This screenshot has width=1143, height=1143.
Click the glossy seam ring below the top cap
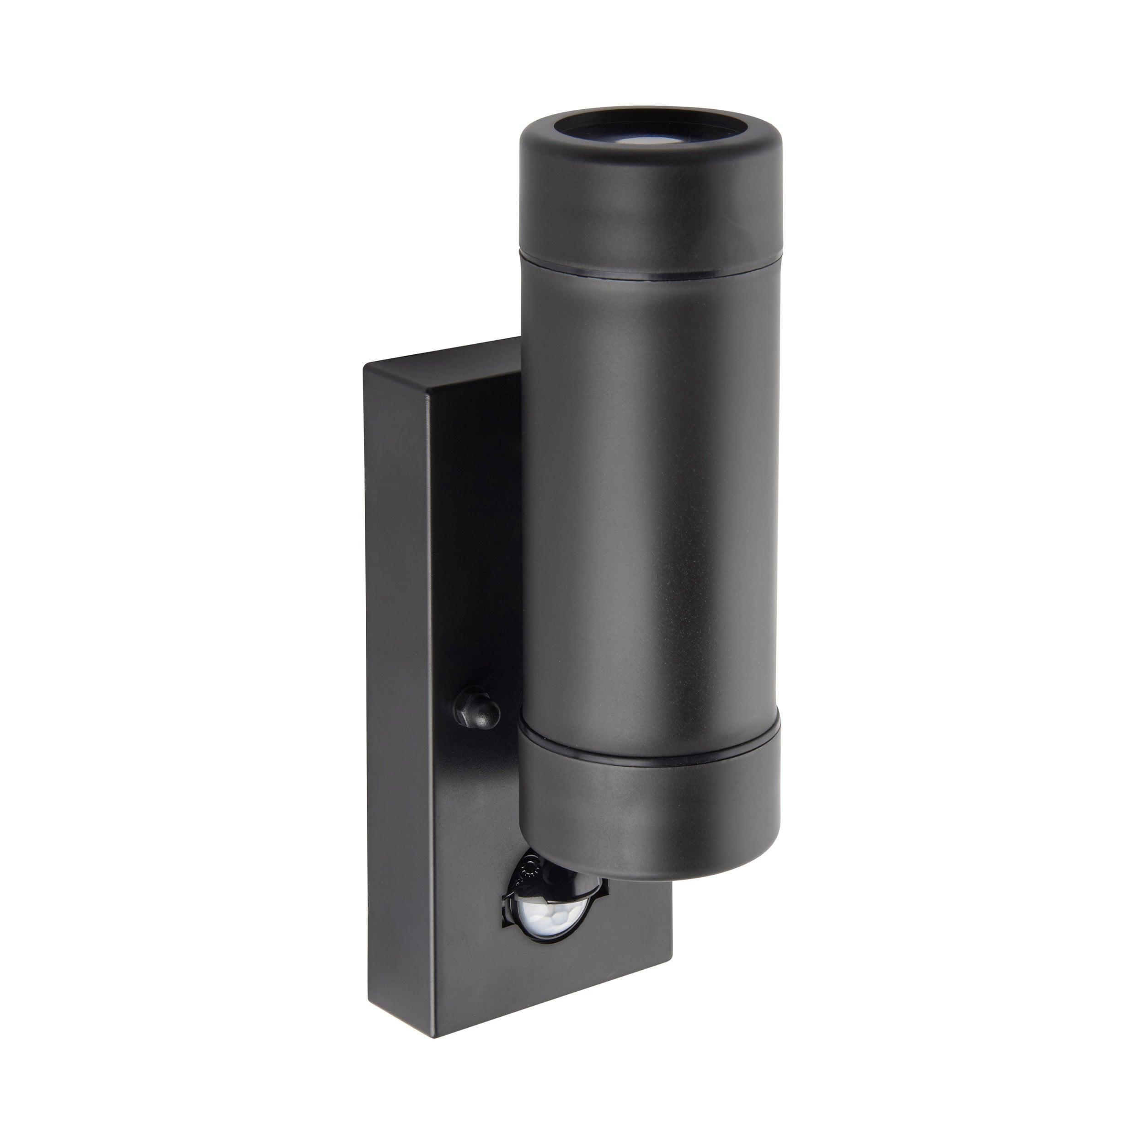651,276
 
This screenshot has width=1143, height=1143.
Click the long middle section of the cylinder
651,503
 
